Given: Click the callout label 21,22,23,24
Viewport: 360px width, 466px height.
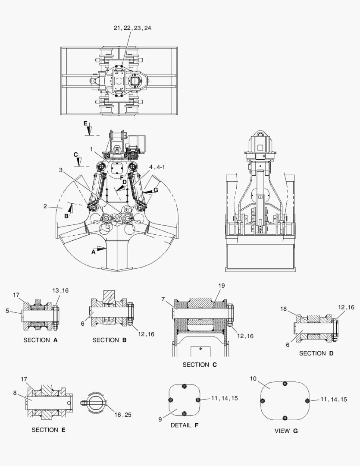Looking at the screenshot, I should click(x=132, y=28).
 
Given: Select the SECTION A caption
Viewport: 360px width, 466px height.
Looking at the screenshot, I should click(x=41, y=340).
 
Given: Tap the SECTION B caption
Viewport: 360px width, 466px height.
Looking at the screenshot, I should click(x=109, y=340).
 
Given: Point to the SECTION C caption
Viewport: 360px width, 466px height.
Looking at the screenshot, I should click(x=200, y=365).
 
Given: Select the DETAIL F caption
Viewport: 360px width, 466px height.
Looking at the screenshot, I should click(x=185, y=425).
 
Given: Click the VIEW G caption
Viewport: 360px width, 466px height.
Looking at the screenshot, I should click(x=286, y=431).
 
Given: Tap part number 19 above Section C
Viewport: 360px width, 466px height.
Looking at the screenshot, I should click(x=221, y=286).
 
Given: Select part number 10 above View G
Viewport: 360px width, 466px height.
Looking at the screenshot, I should click(x=253, y=378).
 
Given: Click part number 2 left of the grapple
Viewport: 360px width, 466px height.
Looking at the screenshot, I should click(x=44, y=206).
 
